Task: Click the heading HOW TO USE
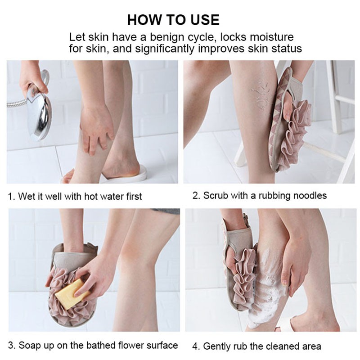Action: tap(173, 20)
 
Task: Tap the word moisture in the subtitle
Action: tap(268, 37)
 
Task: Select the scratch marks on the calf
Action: tap(260, 94)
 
